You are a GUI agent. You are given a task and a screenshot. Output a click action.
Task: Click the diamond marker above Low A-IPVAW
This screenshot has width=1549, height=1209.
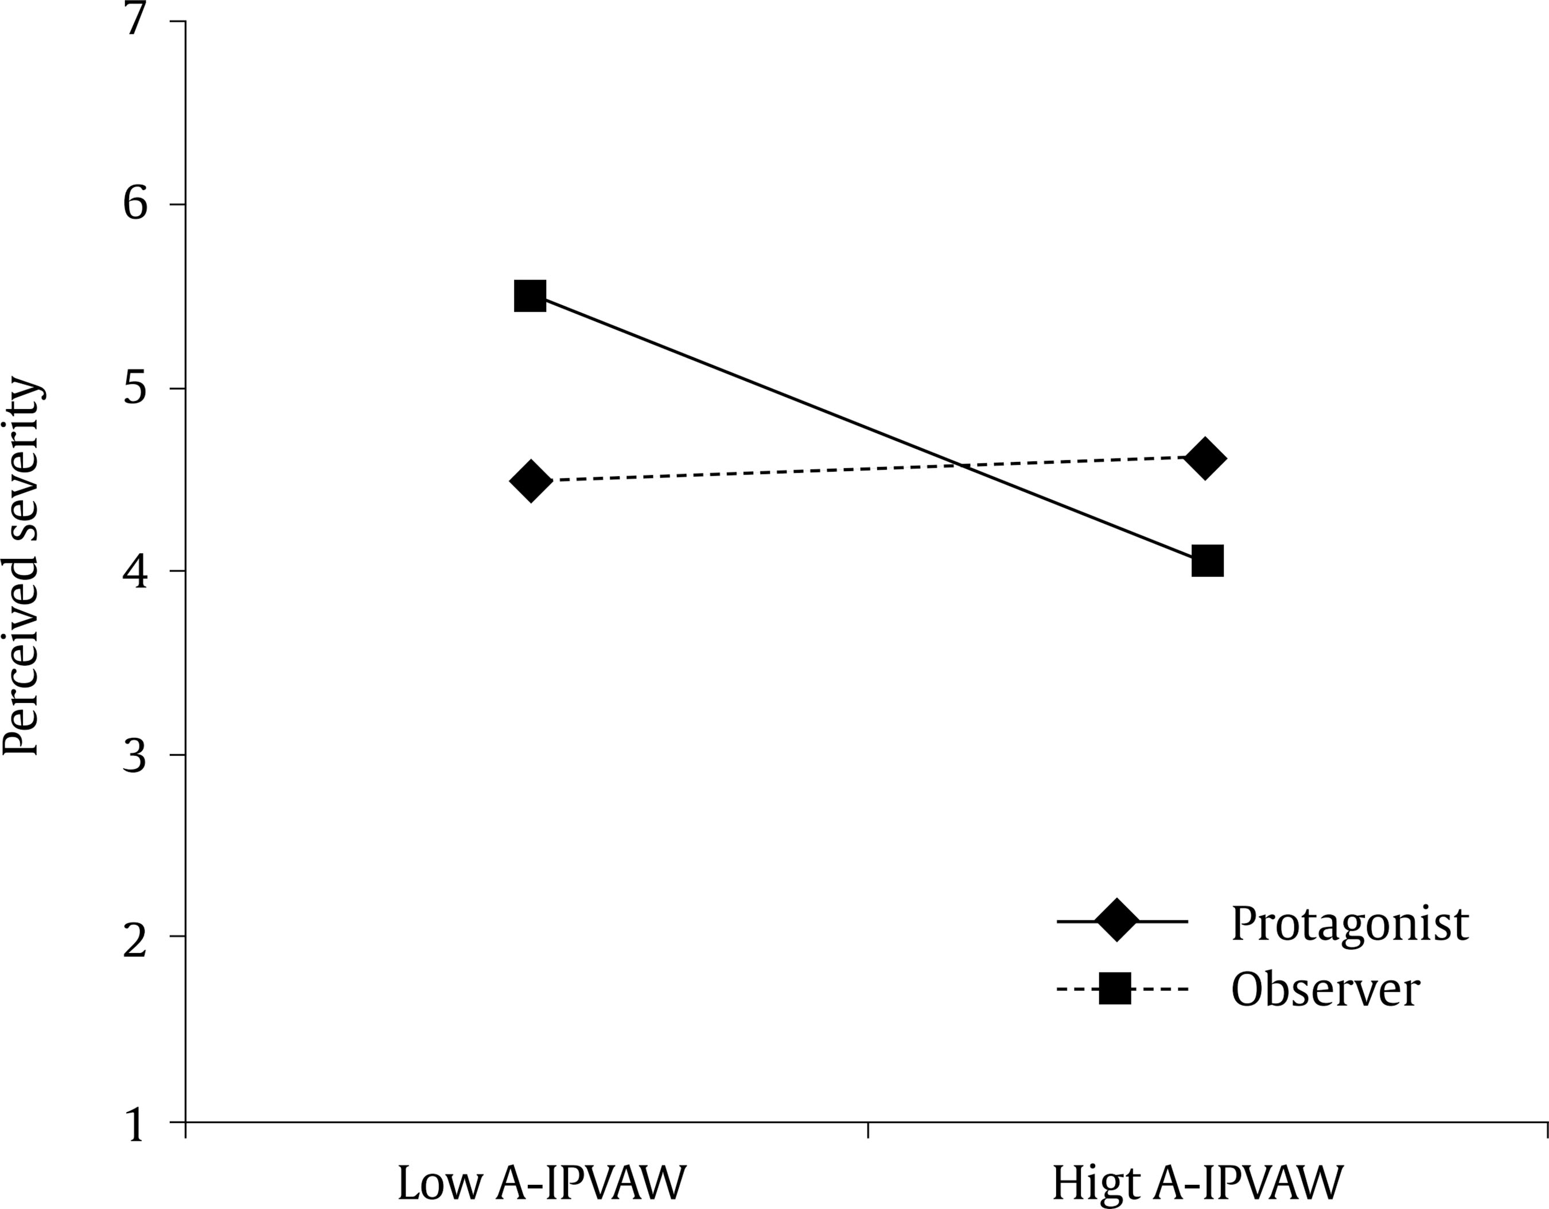(x=531, y=480)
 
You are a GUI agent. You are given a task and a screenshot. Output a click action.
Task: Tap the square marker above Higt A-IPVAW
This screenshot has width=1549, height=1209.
(x=1207, y=561)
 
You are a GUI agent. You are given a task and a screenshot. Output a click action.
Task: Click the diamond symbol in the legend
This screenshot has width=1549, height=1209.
(x=1116, y=921)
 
